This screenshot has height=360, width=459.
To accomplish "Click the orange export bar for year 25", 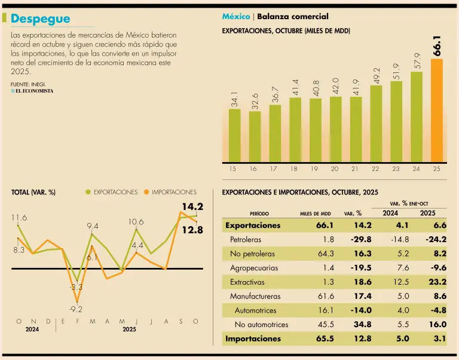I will click(437, 110).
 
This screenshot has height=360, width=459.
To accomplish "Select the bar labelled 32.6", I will click(255, 136).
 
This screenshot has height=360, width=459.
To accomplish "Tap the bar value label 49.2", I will click(376, 74).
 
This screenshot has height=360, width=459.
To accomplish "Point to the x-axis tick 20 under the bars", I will click(335, 169).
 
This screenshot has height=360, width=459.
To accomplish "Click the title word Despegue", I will click(40, 19).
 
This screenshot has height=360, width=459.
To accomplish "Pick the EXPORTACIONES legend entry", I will click(112, 192).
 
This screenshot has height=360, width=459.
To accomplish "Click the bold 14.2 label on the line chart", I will click(192, 207).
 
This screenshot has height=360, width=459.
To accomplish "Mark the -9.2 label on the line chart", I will click(76, 309).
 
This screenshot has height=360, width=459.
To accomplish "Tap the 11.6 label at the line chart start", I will click(19, 218).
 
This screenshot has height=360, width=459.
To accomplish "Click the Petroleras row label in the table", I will click(245, 239).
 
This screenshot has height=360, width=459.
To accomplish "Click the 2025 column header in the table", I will click(427, 213).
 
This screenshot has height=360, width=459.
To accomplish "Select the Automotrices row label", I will click(255, 310).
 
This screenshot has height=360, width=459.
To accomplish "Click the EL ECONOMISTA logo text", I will click(33, 91).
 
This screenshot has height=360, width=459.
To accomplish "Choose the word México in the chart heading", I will click(236, 17).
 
